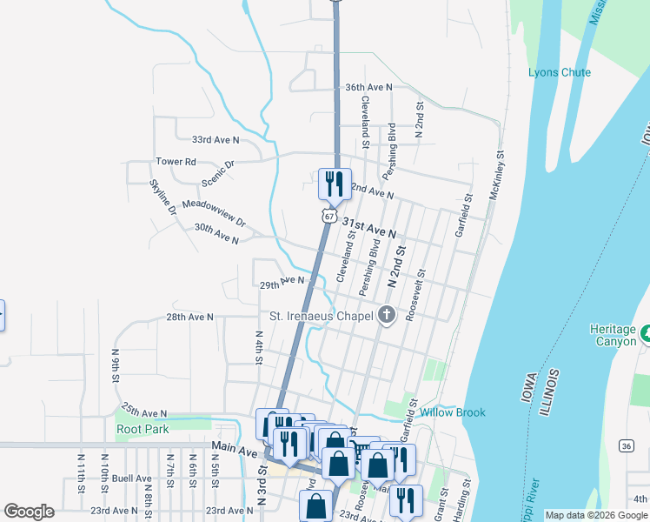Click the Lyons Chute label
(559, 72)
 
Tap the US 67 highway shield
(327, 215)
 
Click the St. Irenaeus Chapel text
(320, 316)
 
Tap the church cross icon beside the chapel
(387, 316)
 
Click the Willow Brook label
(452, 412)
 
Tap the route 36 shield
(627, 445)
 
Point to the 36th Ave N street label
(368, 88)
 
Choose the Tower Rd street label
(176, 162)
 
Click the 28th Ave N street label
(189, 318)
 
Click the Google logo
(29, 512)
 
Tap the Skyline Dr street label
(162, 197)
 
